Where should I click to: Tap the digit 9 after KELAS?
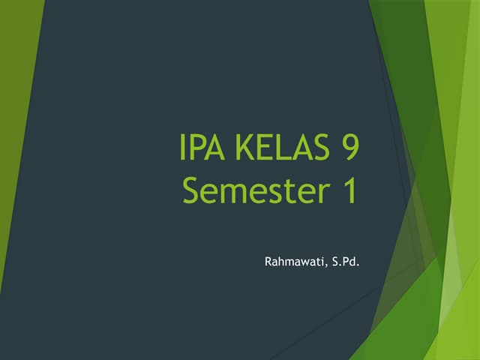coord(347,148)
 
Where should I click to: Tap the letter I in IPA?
coord(184,148)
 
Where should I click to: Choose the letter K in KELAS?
coord(244,148)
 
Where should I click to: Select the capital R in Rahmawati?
coord(269,262)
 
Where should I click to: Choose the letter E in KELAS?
coord(264,148)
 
